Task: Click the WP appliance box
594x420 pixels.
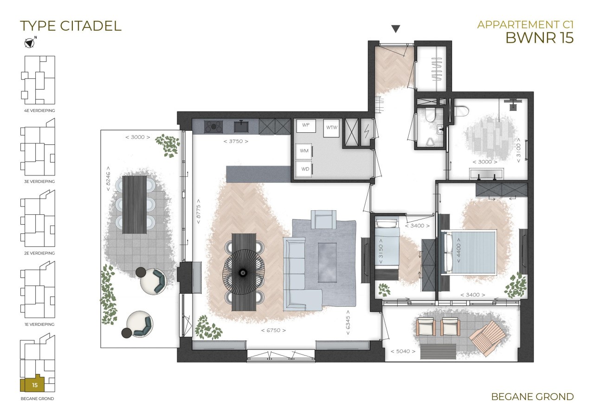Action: tap(306, 126)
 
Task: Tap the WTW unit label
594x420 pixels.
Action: tap(331, 128)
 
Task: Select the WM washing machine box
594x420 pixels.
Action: tap(304, 151)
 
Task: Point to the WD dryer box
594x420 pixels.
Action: tap(305, 169)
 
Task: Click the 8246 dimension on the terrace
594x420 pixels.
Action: tap(108, 179)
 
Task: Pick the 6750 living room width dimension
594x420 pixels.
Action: tap(273, 330)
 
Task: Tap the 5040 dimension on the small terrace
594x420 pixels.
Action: tap(403, 351)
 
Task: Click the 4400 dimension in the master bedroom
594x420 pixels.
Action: tap(458, 251)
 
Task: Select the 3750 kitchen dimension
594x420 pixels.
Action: tap(236, 142)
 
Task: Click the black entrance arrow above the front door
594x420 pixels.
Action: tap(396, 29)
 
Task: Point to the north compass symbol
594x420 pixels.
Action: tap(30, 42)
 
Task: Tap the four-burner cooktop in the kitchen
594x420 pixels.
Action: tap(213, 127)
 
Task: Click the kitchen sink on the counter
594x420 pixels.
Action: tap(241, 127)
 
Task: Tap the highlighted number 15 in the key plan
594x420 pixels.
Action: tap(35, 385)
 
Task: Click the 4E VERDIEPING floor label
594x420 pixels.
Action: tap(39, 110)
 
